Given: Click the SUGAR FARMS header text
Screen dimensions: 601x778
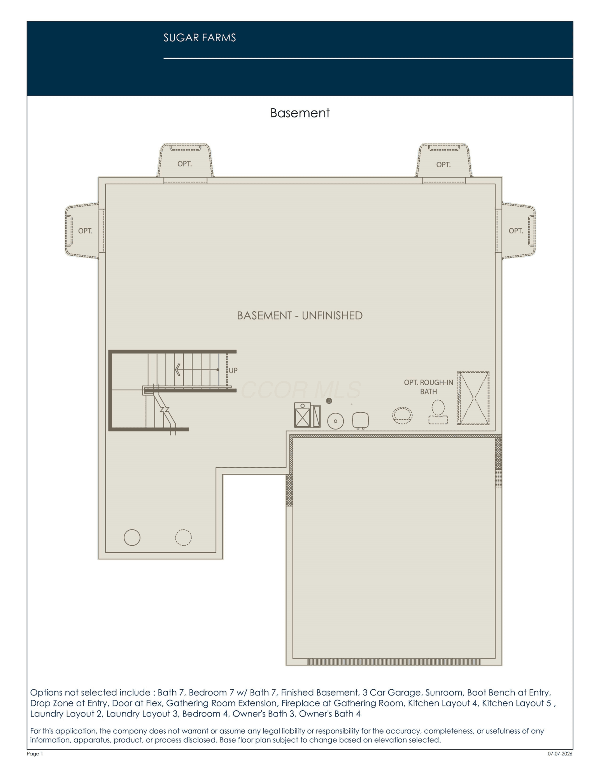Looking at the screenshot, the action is (x=200, y=38).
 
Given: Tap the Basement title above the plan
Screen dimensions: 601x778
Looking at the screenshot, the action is (x=300, y=113).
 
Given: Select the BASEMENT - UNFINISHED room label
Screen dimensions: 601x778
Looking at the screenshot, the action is (x=300, y=315).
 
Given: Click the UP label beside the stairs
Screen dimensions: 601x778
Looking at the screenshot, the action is (x=233, y=370).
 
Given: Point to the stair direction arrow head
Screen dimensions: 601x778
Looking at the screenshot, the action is (x=178, y=370).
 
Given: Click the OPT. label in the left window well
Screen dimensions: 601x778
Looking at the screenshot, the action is (x=85, y=231).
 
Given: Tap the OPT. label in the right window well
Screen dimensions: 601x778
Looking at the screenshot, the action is (x=516, y=231).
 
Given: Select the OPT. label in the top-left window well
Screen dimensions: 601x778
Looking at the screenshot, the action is (x=184, y=164).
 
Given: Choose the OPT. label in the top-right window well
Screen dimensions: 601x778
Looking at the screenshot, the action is (x=443, y=165).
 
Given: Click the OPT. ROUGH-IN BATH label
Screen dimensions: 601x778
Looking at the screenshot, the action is (x=428, y=387).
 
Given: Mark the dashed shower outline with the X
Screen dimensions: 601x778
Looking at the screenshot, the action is (x=473, y=398).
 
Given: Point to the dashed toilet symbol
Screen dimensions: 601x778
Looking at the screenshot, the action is (x=438, y=412).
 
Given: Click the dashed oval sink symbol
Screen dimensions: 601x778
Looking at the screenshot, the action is (x=402, y=415).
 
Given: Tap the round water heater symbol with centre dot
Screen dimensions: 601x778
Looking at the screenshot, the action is (x=335, y=421).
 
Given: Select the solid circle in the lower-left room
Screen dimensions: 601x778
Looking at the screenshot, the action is (x=132, y=538).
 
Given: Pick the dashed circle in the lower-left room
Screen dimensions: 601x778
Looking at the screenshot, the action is (x=183, y=538).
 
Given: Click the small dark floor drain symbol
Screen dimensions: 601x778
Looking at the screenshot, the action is (x=329, y=401).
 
